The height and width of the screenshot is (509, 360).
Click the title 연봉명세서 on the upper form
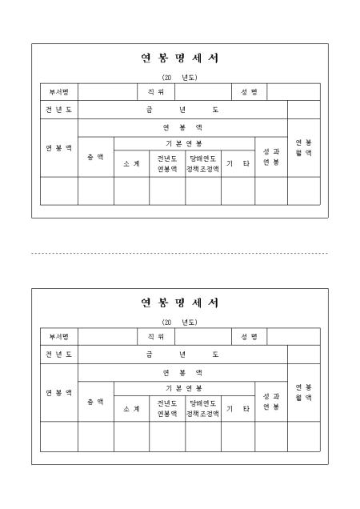tap(179, 58)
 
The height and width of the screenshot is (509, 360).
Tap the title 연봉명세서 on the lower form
tap(179, 303)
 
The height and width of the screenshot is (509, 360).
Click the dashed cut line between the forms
tap(179, 253)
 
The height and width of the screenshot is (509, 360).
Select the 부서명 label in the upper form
tap(58, 92)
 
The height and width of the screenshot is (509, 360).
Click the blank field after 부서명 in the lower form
tap(107, 337)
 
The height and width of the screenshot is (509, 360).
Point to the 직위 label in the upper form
tap(156, 92)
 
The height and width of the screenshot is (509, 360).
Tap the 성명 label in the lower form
tap(249, 337)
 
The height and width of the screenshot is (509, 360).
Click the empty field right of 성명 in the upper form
tap(294, 92)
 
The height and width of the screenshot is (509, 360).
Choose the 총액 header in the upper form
tap(96, 157)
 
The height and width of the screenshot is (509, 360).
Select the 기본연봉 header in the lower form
tap(184, 388)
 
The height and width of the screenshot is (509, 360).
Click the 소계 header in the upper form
tap(131, 163)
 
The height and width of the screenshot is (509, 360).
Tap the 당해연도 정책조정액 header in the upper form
tap(203, 163)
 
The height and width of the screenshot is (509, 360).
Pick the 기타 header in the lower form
tap(238, 408)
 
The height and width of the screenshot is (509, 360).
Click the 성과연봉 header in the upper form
tap(271, 157)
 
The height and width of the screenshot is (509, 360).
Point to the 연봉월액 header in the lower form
tap(304, 392)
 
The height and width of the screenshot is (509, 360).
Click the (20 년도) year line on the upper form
tap(179, 78)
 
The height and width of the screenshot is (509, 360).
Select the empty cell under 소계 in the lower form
tap(131, 437)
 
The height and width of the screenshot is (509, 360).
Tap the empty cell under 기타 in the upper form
tap(238, 190)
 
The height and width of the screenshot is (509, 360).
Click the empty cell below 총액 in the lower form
tap(96, 437)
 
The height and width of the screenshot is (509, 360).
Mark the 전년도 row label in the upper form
tap(58, 110)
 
